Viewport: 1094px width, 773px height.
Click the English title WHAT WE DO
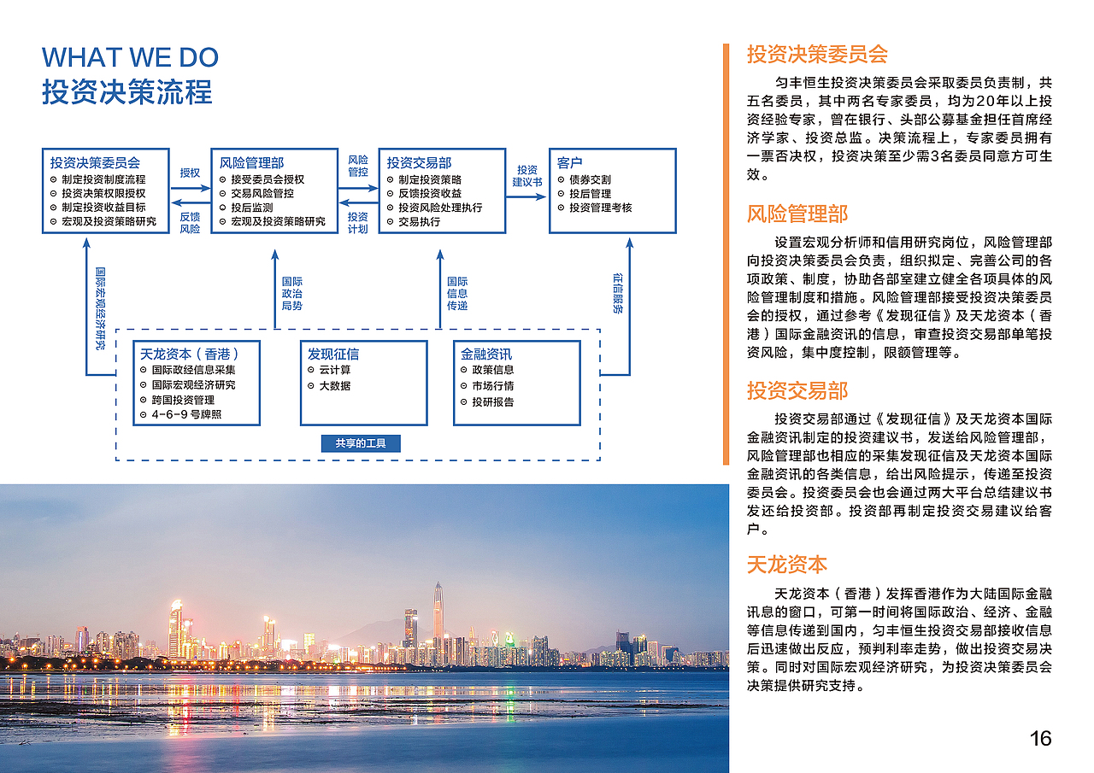tap(130, 57)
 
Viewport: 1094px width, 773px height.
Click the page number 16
tap(1040, 738)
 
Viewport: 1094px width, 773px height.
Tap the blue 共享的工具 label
tap(361, 443)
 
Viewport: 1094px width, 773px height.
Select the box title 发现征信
tap(333, 354)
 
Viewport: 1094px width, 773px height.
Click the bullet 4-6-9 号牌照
tap(186, 414)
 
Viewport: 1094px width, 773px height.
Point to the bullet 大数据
tap(334, 385)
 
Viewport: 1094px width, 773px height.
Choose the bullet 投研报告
tap(493, 401)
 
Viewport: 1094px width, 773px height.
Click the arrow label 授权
tap(190, 173)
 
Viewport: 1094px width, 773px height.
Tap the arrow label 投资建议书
tap(527, 176)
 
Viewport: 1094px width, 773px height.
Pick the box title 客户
tap(569, 162)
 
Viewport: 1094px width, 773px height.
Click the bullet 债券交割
tap(590, 179)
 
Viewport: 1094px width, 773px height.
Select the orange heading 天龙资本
tap(787, 565)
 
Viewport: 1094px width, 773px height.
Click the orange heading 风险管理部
tap(797, 214)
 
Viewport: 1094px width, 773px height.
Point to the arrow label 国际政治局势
tap(292, 293)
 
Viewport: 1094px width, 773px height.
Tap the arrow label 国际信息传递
tap(457, 293)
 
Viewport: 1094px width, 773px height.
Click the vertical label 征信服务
tap(618, 293)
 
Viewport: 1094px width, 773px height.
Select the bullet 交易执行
tap(419, 221)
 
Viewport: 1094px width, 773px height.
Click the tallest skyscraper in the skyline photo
tap(438, 610)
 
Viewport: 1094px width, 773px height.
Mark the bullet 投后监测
tap(252, 208)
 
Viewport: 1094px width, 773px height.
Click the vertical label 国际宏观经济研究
tap(100, 308)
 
